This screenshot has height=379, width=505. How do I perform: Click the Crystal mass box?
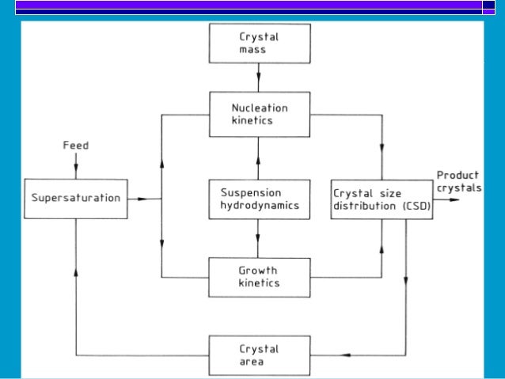(x=259, y=43)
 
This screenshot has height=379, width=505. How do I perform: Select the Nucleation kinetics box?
(x=259, y=114)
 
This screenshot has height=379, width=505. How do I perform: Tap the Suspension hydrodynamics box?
(x=259, y=199)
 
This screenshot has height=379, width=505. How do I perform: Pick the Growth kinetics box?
(x=259, y=277)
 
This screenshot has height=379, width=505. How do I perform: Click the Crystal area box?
(x=259, y=355)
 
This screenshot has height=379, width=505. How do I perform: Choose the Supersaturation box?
(x=76, y=198)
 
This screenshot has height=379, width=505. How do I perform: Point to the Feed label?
(x=75, y=146)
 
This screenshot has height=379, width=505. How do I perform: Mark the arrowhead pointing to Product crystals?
(x=452, y=199)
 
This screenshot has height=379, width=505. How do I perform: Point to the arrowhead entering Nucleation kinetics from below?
(x=259, y=145)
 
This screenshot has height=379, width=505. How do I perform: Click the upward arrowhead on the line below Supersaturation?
(x=76, y=271)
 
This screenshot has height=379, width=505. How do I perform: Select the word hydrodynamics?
(x=259, y=206)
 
